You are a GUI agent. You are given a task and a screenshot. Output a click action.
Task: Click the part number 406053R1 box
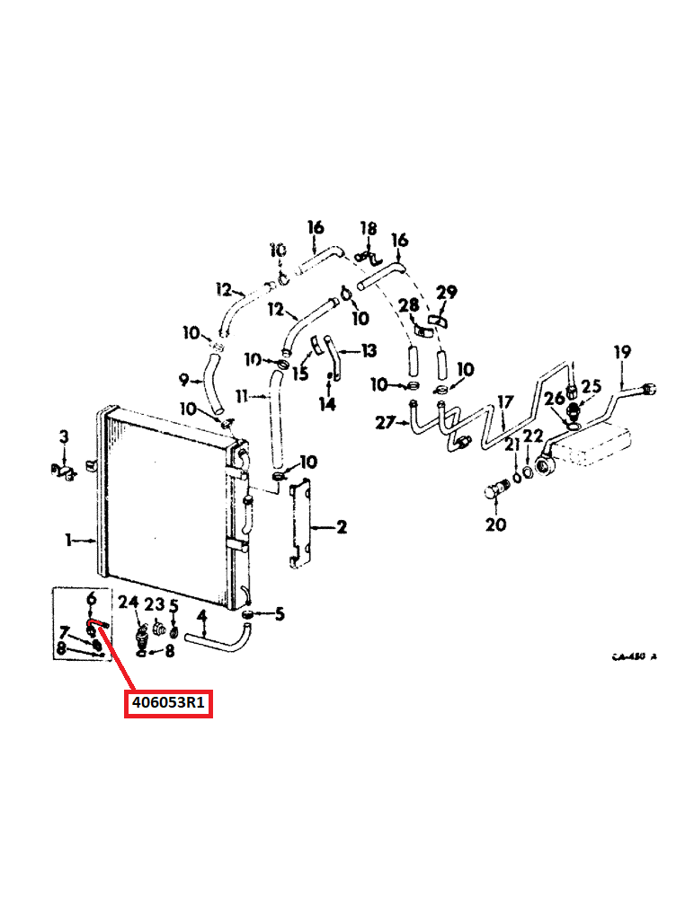(x=168, y=703)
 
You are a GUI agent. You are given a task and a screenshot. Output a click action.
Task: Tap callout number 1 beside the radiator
(x=68, y=540)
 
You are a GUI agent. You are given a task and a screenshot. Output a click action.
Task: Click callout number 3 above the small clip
(x=202, y=616)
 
